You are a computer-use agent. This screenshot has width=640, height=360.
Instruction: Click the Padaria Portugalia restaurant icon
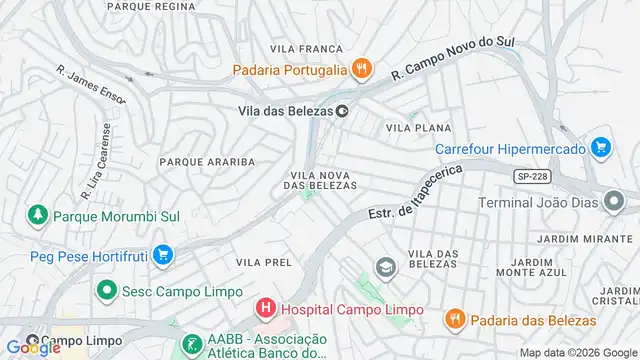click(362, 69)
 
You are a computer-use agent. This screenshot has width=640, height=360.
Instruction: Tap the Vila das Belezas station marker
click(342, 111)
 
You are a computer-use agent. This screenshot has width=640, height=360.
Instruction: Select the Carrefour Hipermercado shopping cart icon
click(600, 148)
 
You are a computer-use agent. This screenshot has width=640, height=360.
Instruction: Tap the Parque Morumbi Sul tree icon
click(37, 215)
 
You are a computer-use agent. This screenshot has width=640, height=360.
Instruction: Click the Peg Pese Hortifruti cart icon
click(163, 255)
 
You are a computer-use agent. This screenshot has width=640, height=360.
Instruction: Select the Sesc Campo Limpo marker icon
click(104, 291)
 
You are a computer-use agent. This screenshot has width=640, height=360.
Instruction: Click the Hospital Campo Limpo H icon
click(265, 310)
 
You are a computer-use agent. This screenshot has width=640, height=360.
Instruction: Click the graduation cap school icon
click(384, 267)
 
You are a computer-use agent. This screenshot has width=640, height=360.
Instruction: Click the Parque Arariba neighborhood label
click(207, 161)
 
